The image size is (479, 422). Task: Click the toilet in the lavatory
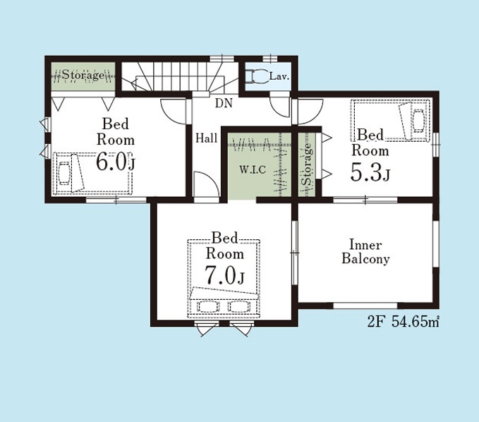point(257,76)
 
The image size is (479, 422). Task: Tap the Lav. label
point(279,76)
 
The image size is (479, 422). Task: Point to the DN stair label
point(224,103)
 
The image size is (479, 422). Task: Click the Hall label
point(207,138)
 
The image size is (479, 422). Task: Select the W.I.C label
point(253,169)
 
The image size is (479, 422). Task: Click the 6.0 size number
point(111,162)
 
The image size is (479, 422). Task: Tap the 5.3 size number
point(366,173)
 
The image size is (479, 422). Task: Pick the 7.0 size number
point(220,275)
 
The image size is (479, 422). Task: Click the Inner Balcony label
point(365,252)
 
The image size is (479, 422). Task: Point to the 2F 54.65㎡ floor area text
point(404,322)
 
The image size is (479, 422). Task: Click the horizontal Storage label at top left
point(83,75)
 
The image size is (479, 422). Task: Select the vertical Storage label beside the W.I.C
point(307,164)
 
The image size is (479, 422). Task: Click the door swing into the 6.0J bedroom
point(174,111)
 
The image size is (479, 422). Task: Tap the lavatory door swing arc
point(279,107)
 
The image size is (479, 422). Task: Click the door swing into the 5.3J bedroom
point(310,111)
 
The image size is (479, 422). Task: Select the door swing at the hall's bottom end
point(207,185)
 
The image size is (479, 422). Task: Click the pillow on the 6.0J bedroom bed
point(64,174)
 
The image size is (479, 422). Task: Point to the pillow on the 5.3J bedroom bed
point(418,121)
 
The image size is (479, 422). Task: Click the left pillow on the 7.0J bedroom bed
point(207,306)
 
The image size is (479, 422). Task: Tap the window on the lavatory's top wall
point(269,59)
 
